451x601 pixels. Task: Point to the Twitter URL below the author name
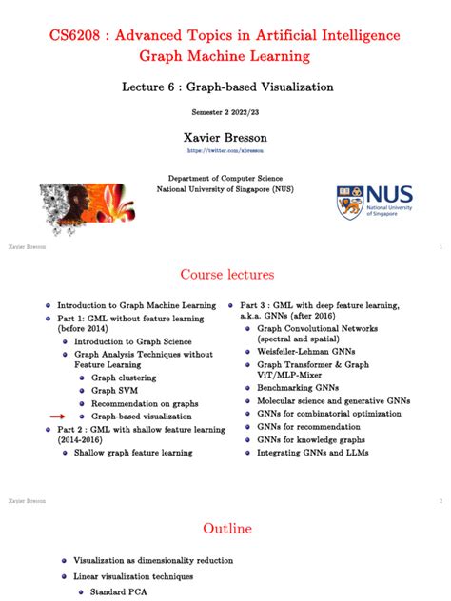[x=225, y=150]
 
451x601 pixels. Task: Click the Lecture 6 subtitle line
[x=226, y=87]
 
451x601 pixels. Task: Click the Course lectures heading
[x=225, y=275]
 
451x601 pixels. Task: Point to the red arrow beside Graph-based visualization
[x=58, y=417]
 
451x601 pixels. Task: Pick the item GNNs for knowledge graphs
[x=314, y=439]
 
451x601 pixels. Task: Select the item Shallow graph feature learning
[x=133, y=453]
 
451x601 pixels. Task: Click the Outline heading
[x=225, y=529]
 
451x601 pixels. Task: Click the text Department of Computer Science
[x=225, y=178]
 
